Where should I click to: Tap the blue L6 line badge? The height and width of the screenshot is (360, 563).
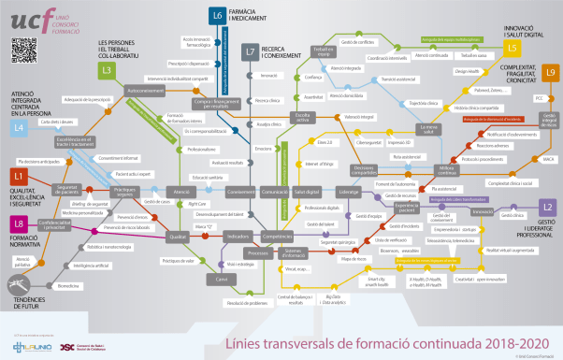coord(217,15)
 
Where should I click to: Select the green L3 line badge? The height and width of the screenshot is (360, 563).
coord(108,69)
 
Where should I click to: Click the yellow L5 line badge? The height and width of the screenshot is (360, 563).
coord(512,47)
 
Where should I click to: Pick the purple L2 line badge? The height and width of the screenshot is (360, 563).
coord(547,206)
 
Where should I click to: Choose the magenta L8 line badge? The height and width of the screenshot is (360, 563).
coord(19,223)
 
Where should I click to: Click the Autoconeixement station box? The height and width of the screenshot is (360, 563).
coord(145,91)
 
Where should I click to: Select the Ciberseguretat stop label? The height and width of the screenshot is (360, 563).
coord(342,143)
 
